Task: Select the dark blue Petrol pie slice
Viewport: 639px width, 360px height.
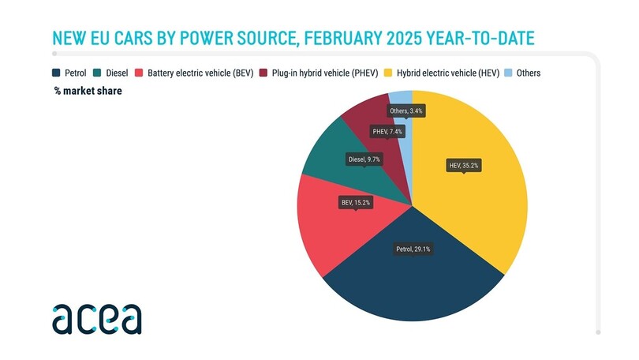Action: pos(410,284)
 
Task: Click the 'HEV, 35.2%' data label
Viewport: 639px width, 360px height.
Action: pos(464,166)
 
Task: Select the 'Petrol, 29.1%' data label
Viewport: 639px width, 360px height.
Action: pos(413,249)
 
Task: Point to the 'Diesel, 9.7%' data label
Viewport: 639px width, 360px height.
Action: pos(364,159)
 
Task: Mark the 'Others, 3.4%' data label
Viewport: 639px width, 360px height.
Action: pos(406,111)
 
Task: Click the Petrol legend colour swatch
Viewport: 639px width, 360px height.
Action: pos(58,73)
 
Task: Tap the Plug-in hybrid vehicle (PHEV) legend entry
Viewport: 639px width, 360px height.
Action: pos(321,73)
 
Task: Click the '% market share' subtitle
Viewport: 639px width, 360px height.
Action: pos(88,91)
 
